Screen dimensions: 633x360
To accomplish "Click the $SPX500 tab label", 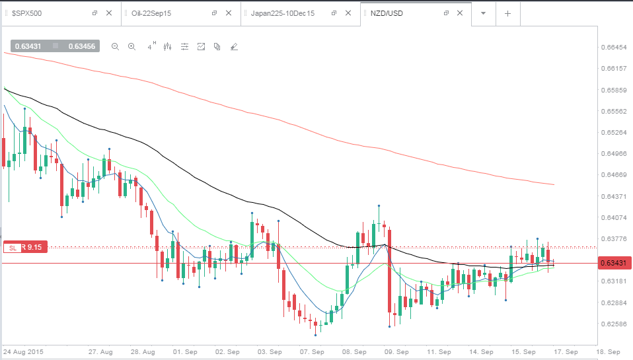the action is click(x=26, y=13).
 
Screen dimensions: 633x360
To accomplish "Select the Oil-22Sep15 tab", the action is click(x=151, y=13).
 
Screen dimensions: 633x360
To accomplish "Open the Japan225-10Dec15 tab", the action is click(x=283, y=13).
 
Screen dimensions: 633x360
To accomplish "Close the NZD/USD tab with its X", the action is click(x=460, y=13).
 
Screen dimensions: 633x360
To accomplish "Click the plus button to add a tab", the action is click(x=508, y=13).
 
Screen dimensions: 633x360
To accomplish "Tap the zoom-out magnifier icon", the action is click(x=115, y=47).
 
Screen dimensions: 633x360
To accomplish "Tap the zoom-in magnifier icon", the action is click(x=131, y=47).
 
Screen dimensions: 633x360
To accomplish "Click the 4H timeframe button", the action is click(x=151, y=46).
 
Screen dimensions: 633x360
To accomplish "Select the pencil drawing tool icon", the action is click(x=234, y=47).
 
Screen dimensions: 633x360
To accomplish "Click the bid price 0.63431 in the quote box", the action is click(x=28, y=46).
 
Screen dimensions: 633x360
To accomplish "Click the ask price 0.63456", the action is click(x=81, y=46).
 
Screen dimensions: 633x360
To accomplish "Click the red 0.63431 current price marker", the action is click(x=613, y=263).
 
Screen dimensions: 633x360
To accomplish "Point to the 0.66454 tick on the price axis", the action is click(x=614, y=47).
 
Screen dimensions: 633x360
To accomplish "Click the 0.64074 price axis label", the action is click(x=614, y=217).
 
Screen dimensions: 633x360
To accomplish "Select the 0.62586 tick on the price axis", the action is click(x=614, y=324).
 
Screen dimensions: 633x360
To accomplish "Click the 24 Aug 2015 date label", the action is click(x=23, y=352).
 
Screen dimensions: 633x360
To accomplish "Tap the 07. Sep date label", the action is click(x=312, y=352).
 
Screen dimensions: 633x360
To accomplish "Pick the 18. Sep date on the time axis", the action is click(x=608, y=352).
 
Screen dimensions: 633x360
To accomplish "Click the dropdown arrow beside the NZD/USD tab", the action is click(x=483, y=13).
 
